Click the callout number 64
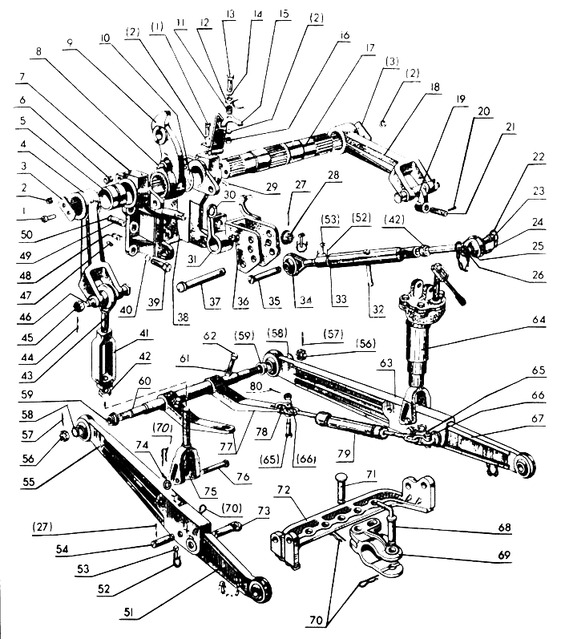click(539, 320)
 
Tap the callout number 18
click(434, 87)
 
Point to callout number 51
click(128, 613)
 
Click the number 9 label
click(70, 42)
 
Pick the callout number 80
click(256, 386)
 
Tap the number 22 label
click(539, 157)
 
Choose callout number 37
click(215, 301)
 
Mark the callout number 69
click(504, 555)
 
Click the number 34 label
click(305, 301)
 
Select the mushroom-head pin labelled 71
click(341, 486)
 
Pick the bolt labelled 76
click(215, 467)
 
